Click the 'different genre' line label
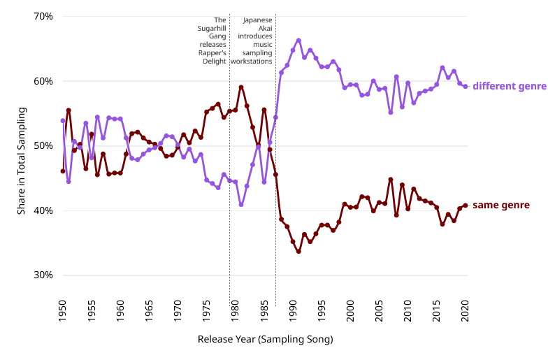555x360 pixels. (510, 87)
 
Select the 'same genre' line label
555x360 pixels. (500, 206)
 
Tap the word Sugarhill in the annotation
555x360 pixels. (212, 29)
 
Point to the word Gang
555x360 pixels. (217, 36)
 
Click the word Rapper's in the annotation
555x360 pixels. (212, 53)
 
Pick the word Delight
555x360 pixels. (215, 62)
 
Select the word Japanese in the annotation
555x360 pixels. (257, 20)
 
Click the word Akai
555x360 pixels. (265, 29)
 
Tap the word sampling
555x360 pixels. (257, 53)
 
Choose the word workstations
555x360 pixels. (251, 62)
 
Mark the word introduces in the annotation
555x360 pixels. (255, 36)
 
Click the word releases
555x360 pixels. (213, 45)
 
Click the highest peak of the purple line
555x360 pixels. (298, 40)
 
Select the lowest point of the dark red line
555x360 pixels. (298, 251)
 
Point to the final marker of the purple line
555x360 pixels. (466, 87)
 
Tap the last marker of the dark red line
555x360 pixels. (466, 205)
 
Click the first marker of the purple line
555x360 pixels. (63, 121)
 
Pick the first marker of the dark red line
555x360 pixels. (63, 171)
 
